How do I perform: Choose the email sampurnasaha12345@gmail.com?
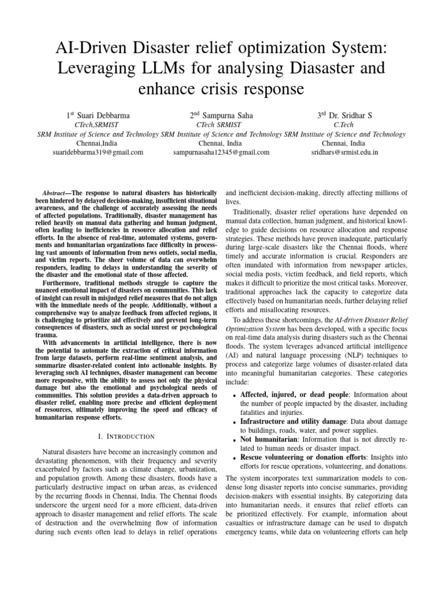(221, 153)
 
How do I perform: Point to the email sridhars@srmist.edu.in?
(345, 153)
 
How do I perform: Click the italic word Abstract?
(55, 192)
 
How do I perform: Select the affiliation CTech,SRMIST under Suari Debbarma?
(97, 125)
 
